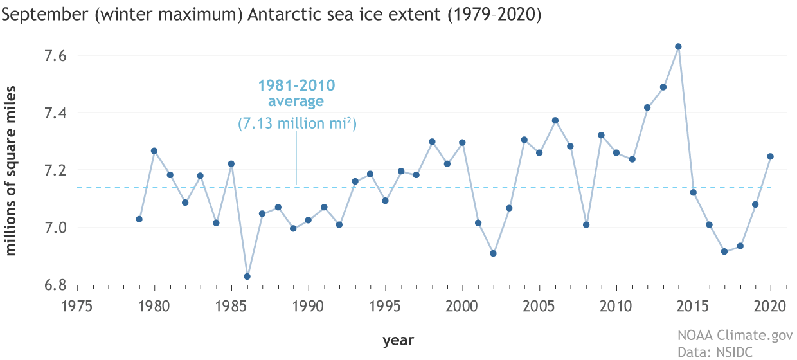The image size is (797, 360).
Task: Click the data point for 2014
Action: click(x=678, y=46)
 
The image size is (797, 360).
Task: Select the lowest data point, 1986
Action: click(x=247, y=276)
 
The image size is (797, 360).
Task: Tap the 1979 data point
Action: click(x=139, y=219)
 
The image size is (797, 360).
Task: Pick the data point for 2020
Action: click(x=770, y=156)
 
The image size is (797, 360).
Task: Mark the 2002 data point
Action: click(x=493, y=253)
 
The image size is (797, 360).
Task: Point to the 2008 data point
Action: click(x=586, y=224)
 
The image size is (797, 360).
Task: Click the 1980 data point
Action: click(x=154, y=151)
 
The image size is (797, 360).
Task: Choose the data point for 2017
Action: click(x=724, y=251)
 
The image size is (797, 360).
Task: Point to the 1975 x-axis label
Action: click(x=77, y=305)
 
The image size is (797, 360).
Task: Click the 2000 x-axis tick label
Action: click(x=462, y=305)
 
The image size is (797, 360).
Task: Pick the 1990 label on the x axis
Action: click(x=309, y=305)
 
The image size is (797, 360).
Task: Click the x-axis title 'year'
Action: click(x=398, y=339)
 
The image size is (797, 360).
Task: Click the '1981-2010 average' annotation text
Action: click(x=296, y=93)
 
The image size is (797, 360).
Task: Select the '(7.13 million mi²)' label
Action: click(x=296, y=123)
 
